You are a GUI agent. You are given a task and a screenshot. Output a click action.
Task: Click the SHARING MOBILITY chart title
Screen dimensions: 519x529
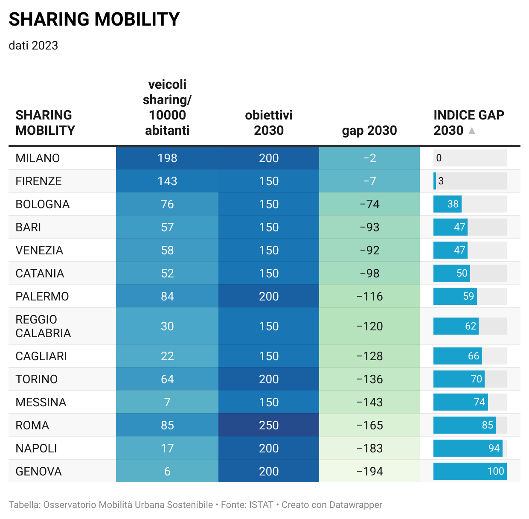click(94, 20)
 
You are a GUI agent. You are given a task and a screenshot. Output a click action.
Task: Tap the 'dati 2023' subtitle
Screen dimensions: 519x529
click(33, 46)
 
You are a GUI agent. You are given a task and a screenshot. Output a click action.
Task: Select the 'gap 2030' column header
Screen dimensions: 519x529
click(369, 131)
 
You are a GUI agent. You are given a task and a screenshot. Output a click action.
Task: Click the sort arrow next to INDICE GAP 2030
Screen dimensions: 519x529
click(472, 131)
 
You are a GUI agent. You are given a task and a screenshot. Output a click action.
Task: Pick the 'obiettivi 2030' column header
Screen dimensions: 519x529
click(269, 123)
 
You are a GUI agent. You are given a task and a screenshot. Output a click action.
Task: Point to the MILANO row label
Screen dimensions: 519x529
click(38, 158)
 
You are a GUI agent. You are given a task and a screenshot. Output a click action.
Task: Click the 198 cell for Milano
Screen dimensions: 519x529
click(167, 158)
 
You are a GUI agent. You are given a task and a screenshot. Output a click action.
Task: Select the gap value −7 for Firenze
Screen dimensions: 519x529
click(369, 181)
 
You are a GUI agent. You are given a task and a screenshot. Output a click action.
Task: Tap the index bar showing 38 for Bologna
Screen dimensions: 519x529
click(448, 204)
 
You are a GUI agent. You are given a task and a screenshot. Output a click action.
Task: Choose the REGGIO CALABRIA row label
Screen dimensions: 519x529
click(43, 327)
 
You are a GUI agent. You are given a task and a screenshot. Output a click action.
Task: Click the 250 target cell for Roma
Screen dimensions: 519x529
click(269, 426)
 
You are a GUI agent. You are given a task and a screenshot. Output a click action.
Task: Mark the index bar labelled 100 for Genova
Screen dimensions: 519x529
click(470, 472)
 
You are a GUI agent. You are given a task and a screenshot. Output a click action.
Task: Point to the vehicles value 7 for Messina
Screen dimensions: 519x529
click(167, 402)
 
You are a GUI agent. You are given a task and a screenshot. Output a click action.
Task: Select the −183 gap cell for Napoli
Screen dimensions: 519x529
click(369, 449)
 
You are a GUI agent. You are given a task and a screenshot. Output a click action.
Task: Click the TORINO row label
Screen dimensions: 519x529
click(37, 379)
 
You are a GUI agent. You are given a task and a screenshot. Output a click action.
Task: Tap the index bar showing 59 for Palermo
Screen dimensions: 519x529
click(455, 297)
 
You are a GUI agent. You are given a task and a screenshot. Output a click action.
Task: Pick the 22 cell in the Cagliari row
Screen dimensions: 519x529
click(167, 356)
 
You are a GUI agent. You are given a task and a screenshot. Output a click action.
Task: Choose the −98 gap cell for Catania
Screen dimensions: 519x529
click(369, 274)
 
